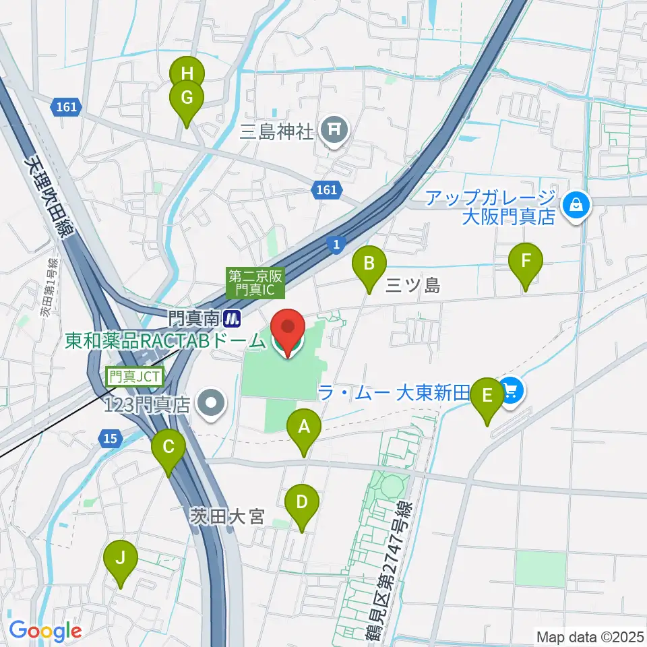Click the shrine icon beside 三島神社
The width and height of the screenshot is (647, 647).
click(x=334, y=128)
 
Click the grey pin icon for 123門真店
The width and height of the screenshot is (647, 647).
click(x=212, y=404)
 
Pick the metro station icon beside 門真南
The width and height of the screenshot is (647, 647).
click(x=233, y=315)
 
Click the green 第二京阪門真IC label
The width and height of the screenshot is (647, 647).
click(x=257, y=283)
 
